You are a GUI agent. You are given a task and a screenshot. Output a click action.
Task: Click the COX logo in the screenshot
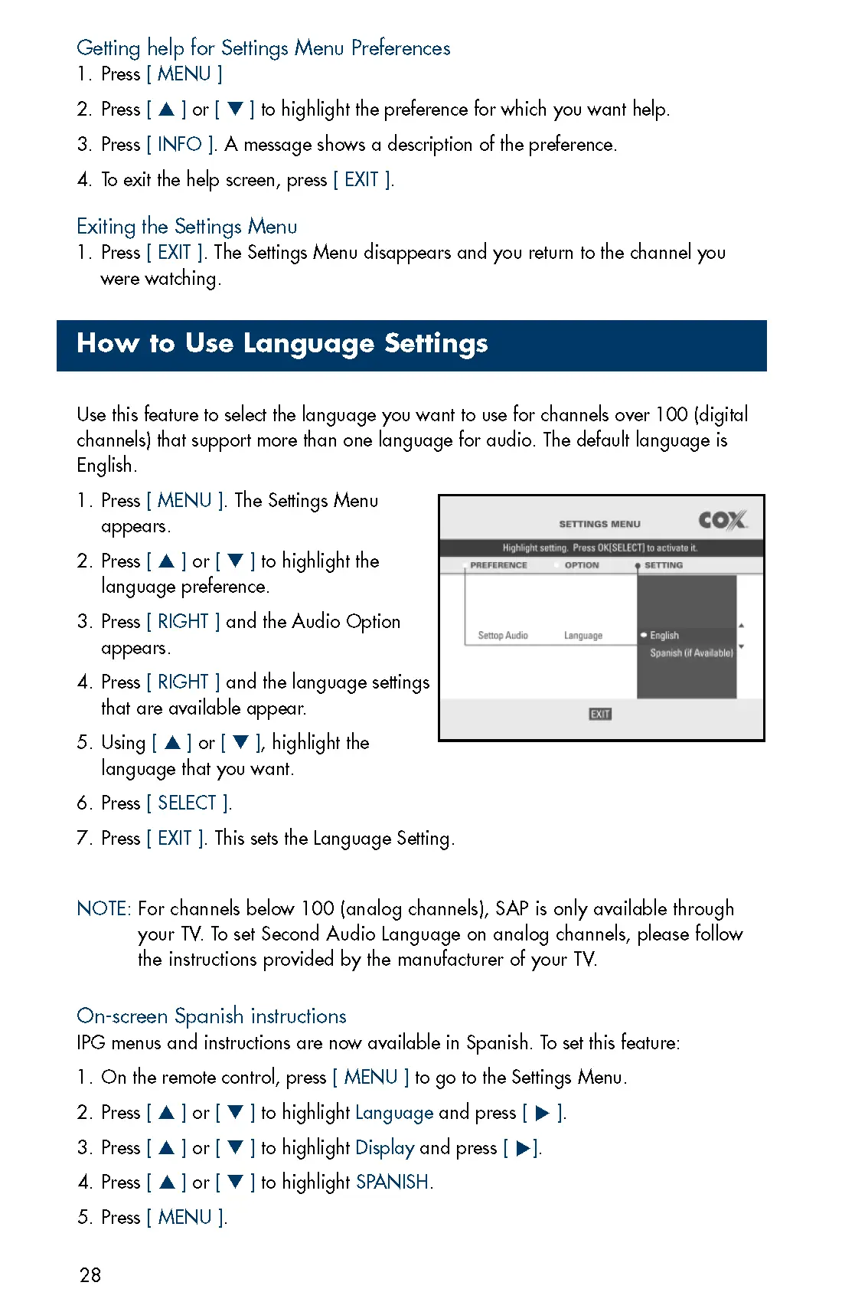(722, 521)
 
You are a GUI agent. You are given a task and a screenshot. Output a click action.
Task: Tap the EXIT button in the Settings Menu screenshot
(600, 714)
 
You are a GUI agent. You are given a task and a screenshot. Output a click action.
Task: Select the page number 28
(90, 1275)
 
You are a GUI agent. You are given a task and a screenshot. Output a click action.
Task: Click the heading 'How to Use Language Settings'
(282, 344)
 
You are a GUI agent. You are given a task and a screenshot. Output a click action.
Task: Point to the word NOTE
(103, 909)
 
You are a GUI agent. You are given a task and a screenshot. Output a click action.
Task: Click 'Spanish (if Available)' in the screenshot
(691, 653)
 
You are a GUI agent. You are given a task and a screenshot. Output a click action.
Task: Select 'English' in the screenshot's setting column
(664, 636)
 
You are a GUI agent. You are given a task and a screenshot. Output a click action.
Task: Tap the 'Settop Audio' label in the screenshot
(503, 636)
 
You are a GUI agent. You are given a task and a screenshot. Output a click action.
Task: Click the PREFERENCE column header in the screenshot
(498, 565)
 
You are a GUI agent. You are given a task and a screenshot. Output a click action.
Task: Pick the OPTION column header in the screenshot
(582, 565)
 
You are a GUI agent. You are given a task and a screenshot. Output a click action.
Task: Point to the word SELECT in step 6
(188, 803)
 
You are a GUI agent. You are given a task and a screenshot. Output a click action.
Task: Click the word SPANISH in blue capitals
(392, 1183)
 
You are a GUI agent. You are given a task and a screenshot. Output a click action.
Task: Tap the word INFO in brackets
(180, 145)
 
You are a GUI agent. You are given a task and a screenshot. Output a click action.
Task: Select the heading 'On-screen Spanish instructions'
(211, 1016)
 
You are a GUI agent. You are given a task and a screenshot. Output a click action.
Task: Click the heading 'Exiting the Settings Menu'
(187, 227)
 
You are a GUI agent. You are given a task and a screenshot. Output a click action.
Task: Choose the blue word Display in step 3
(385, 1148)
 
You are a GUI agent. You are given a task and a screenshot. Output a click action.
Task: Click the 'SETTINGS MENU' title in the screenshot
(599, 525)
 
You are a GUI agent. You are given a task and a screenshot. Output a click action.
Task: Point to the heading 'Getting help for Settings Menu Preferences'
(263, 48)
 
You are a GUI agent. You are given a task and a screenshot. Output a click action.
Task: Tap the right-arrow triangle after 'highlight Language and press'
(543, 1114)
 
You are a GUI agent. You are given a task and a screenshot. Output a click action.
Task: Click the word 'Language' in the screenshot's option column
(583, 636)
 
